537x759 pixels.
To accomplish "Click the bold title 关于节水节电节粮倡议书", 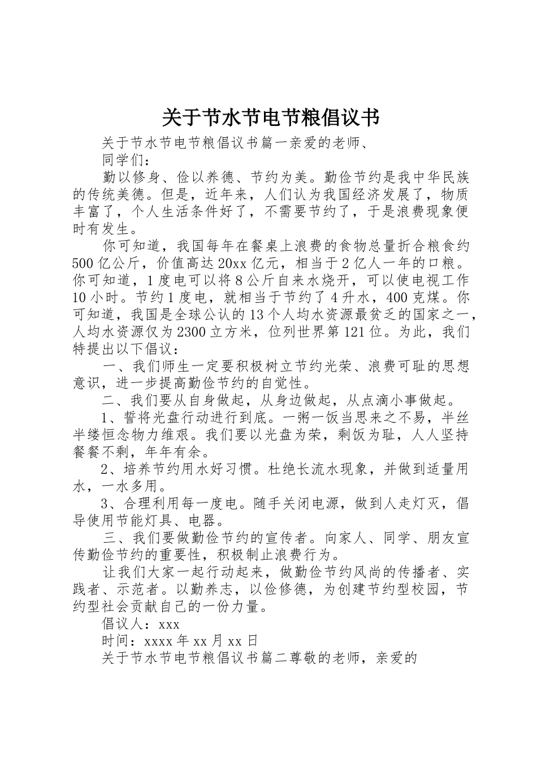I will tap(270, 117).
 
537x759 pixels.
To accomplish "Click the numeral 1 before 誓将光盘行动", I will tap(105, 418).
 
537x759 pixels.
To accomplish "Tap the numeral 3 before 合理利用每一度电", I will tap(105, 503).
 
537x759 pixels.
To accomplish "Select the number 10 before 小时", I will tap(80, 298).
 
